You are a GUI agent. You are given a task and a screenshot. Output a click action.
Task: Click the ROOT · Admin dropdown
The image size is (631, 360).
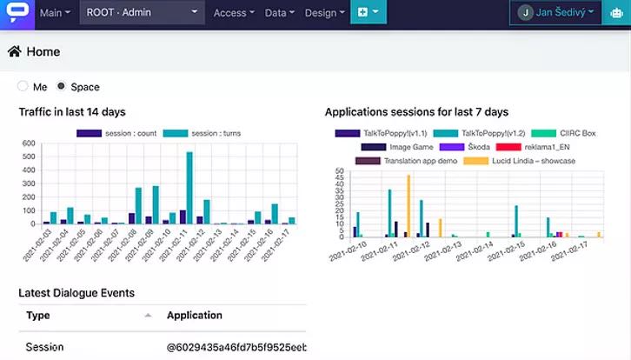tap(143, 12)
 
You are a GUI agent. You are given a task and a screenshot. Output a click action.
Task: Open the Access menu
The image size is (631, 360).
tap(233, 12)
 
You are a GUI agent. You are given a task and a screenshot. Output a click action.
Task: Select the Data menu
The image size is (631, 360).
tap(279, 12)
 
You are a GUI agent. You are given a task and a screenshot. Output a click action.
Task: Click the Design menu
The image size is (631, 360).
tap(323, 12)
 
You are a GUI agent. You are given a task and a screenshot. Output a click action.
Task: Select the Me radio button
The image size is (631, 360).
tap(23, 87)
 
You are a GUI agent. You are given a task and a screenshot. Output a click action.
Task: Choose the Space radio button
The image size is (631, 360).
tap(61, 87)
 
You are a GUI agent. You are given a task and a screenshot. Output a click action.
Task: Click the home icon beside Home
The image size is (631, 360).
tap(15, 51)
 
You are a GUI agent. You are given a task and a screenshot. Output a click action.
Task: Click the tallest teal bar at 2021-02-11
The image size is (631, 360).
tap(189, 187)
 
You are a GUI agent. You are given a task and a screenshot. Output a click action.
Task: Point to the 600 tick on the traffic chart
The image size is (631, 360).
tap(30, 143)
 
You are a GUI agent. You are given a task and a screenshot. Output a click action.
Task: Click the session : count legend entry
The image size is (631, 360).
tap(116, 133)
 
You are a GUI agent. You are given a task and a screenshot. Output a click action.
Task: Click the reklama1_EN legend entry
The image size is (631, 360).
tap(529, 147)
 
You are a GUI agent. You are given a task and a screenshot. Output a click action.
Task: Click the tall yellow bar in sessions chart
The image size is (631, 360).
tap(408, 205)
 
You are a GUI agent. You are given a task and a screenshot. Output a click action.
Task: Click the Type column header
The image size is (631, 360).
tap(38, 316)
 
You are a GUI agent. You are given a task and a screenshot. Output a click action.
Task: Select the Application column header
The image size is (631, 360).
tap(195, 316)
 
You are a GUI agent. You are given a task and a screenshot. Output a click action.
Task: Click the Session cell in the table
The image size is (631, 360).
tap(45, 347)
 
